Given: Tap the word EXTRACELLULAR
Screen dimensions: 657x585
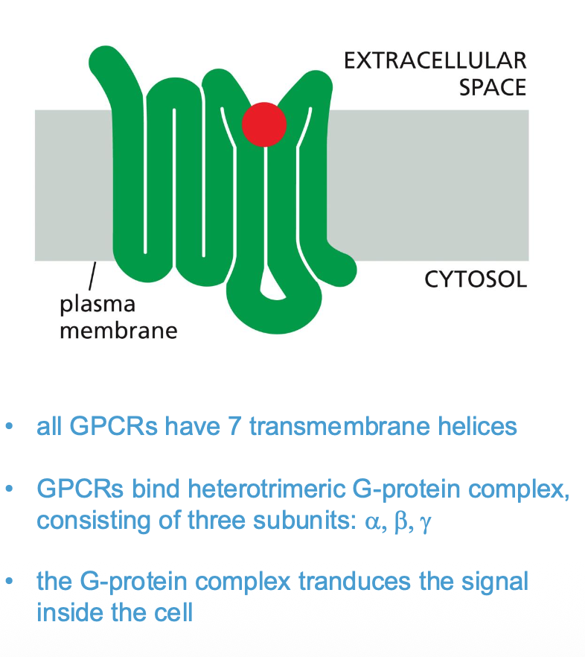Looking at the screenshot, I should [x=435, y=60].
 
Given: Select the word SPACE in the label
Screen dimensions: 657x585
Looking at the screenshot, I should [x=492, y=87].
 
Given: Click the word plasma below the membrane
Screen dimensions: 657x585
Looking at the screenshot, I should [x=97, y=305].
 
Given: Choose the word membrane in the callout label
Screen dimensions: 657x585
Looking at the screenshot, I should [x=118, y=329].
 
